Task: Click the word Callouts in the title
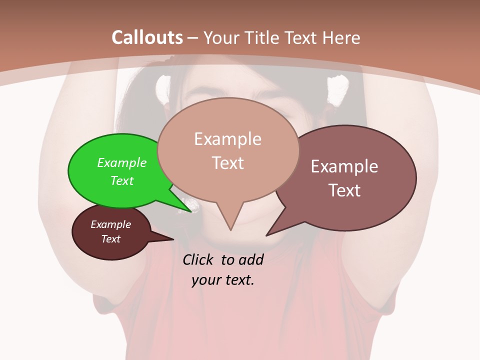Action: pos(147,37)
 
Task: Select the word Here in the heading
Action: pos(341,38)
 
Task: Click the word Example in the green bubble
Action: pos(122,162)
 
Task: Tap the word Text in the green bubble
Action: pos(122,180)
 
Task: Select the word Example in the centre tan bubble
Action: pos(227,139)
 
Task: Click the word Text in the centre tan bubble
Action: pos(227,163)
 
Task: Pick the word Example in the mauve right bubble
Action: pos(344,166)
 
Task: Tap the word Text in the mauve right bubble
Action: pos(344,190)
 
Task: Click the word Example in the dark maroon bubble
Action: pos(110,224)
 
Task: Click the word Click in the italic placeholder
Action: pos(199,259)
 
